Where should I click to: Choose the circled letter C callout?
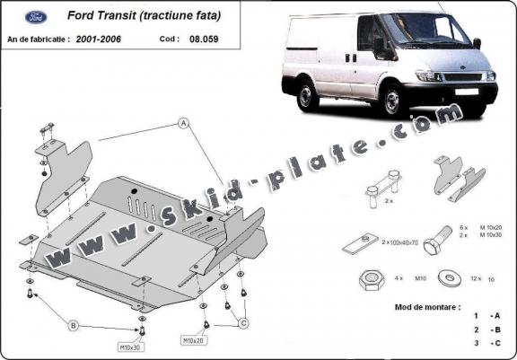tap(243, 322)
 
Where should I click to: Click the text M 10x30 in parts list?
tap(491, 235)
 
